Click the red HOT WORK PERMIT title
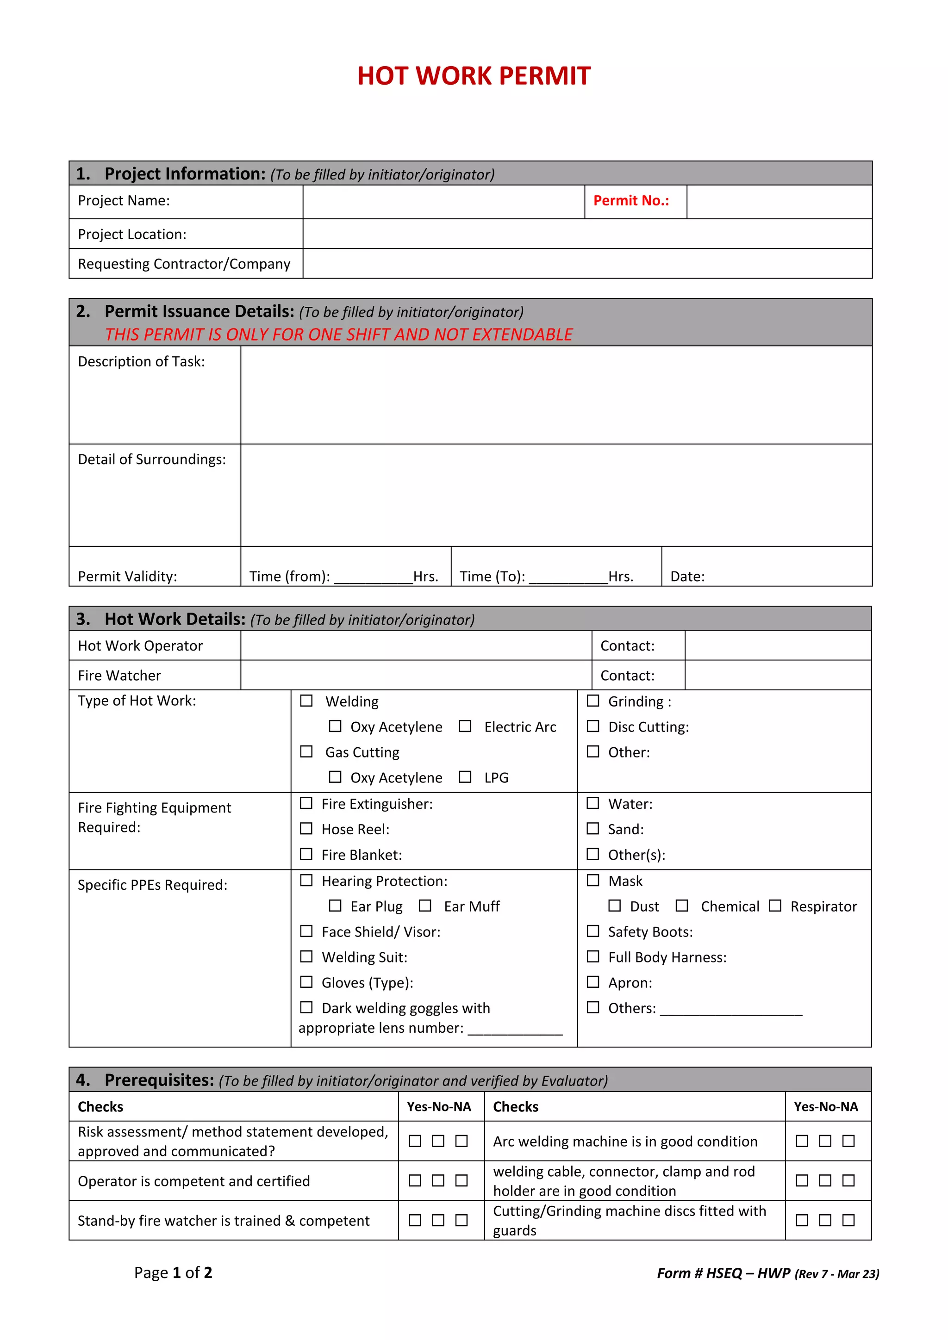474,76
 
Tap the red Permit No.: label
631,201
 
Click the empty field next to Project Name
443,202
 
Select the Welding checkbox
306,701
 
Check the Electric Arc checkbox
465,726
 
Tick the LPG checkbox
465,777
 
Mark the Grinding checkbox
593,701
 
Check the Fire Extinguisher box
306,804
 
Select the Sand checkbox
593,829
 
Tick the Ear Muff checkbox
425,906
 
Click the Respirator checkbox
775,906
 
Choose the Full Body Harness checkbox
593,956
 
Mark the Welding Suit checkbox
306,956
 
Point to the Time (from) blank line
374,578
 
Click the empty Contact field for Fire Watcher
778,675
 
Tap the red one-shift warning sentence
338,335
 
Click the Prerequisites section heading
159,1080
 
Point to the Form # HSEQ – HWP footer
767,1273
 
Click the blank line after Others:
731,1010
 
